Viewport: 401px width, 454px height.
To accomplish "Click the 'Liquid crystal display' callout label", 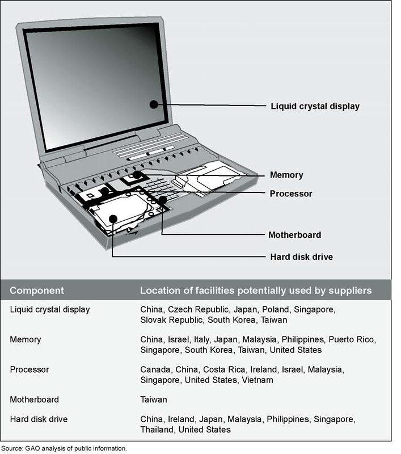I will pyautogui.click(x=315, y=106).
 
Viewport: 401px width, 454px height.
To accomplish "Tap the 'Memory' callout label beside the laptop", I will pyautogui.click(x=286, y=175).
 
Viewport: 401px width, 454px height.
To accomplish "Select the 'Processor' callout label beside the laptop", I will pyautogui.click(x=291, y=194).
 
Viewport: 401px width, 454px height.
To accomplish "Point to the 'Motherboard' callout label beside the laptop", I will pyautogui.click(x=294, y=234).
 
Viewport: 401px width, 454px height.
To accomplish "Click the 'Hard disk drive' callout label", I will pyautogui.click(x=301, y=257).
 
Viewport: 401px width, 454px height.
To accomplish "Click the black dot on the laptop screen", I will pyautogui.click(x=153, y=104).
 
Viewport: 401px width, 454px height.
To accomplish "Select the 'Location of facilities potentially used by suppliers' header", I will pyautogui.click(x=256, y=291).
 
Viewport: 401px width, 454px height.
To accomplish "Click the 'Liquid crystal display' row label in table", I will pyautogui.click(x=50, y=309).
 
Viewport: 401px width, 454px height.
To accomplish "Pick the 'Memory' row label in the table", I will pyautogui.click(x=26, y=339).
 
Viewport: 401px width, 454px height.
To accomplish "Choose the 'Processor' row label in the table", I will pyautogui.click(x=29, y=369).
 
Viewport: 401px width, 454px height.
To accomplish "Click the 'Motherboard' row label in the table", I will pyautogui.click(x=34, y=400).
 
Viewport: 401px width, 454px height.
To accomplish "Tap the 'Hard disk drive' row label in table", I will pyautogui.click(x=39, y=419).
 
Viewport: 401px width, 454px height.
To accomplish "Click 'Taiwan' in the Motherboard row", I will pyautogui.click(x=154, y=400).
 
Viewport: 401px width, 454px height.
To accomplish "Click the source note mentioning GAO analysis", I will pyautogui.click(x=64, y=448).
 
